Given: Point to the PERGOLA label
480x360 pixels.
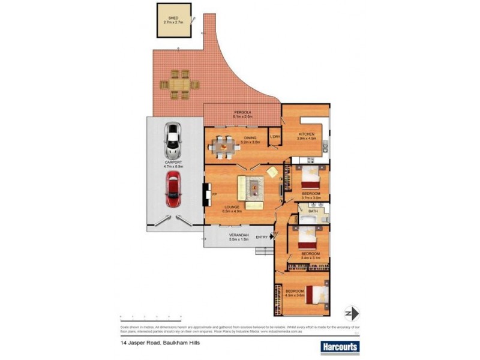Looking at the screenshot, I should tap(242, 112).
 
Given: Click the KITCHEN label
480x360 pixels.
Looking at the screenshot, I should tap(307, 134).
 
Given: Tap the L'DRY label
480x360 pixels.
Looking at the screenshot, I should tap(275, 137).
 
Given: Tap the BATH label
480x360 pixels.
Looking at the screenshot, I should tap(313, 211).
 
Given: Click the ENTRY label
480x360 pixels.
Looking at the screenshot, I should tap(262, 238).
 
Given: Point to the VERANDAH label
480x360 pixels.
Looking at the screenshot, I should tap(238, 234).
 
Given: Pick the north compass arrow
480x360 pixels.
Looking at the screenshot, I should tap(351, 313).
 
